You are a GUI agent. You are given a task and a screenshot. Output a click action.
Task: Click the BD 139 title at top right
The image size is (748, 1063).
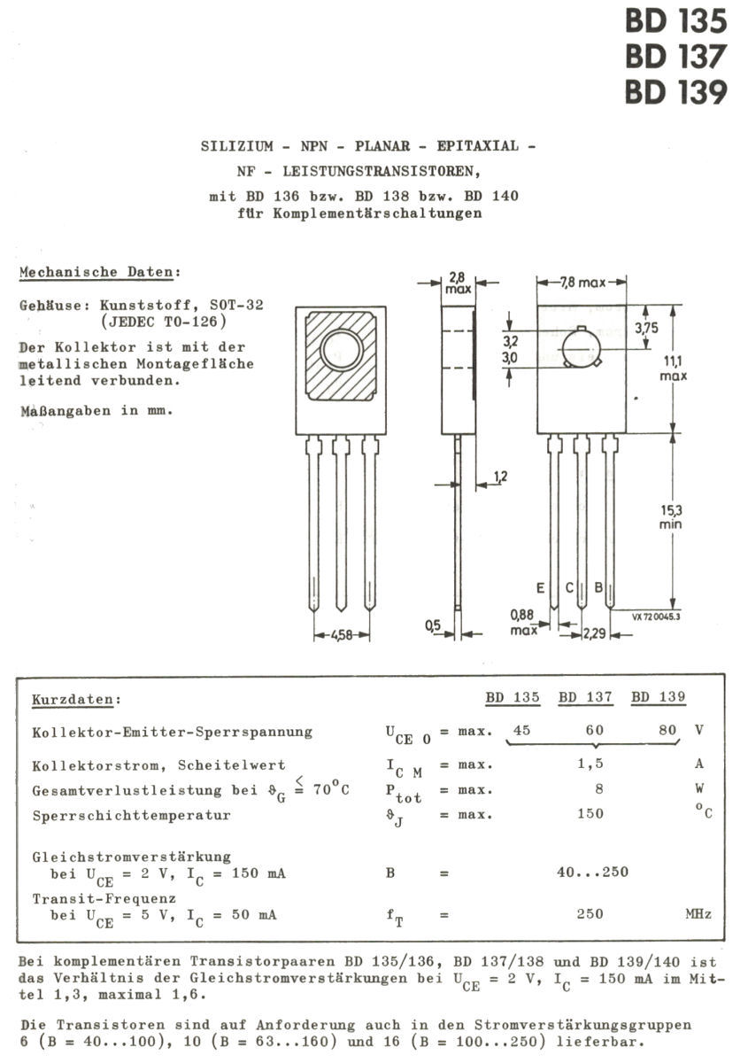pyautogui.click(x=676, y=91)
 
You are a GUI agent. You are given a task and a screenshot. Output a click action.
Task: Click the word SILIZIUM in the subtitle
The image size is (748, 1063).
pyautogui.click(x=237, y=146)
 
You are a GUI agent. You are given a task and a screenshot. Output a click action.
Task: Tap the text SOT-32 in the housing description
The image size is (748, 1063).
pyautogui.click(x=236, y=305)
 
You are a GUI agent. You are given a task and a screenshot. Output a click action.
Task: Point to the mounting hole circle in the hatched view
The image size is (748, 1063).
pyautogui.click(x=342, y=350)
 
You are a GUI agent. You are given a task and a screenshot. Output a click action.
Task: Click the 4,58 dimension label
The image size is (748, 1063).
pyautogui.click(x=342, y=634)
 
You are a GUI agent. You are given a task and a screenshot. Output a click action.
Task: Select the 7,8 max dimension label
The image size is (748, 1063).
pyautogui.click(x=582, y=283)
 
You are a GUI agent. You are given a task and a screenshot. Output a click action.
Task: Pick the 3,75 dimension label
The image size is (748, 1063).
pyautogui.click(x=647, y=328)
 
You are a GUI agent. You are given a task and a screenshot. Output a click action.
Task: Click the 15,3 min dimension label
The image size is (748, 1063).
pyautogui.click(x=671, y=517)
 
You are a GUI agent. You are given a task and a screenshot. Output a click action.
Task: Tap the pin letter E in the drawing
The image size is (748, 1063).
pyautogui.click(x=540, y=588)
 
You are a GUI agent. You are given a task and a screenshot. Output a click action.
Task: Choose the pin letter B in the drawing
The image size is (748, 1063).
pyautogui.click(x=598, y=587)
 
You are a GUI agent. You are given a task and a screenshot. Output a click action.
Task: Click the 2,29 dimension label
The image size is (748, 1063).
pyautogui.click(x=594, y=633)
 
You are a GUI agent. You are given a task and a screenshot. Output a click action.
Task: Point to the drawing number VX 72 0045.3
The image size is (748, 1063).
pyautogui.click(x=656, y=617)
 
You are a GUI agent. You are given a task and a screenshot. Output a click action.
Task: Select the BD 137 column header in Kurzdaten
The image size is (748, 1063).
pyautogui.click(x=586, y=697)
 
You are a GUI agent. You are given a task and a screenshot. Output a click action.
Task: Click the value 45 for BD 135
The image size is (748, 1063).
pyautogui.click(x=521, y=730)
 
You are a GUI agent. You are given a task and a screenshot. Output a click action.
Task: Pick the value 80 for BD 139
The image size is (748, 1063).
pyautogui.click(x=667, y=730)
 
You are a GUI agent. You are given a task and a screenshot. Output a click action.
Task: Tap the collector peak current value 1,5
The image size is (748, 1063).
pyautogui.click(x=590, y=764)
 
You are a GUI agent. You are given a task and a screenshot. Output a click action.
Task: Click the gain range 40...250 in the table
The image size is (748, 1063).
pyautogui.click(x=593, y=872)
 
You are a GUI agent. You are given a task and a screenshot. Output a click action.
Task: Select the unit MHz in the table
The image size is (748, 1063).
pyautogui.click(x=698, y=913)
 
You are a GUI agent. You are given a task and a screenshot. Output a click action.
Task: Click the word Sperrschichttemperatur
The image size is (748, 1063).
pyautogui.click(x=131, y=815)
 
